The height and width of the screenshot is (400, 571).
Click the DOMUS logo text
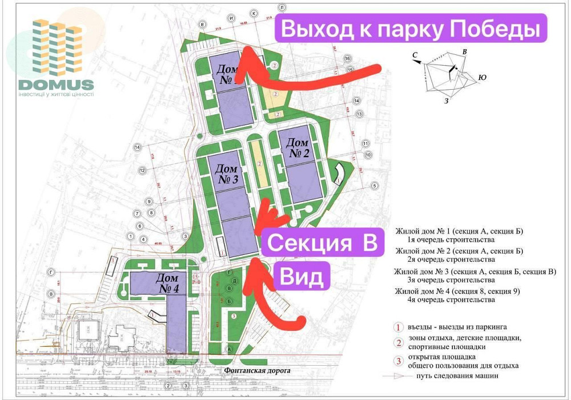tap(55, 85)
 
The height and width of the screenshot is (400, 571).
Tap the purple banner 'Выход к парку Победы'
tap(411, 29)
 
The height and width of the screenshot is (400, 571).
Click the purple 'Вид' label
tap(300, 277)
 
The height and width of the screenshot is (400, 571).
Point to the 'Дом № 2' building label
tap(297, 148)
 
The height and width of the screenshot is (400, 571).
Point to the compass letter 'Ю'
tap(482, 77)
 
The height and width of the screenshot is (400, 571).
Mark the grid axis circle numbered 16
tap(347, 59)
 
